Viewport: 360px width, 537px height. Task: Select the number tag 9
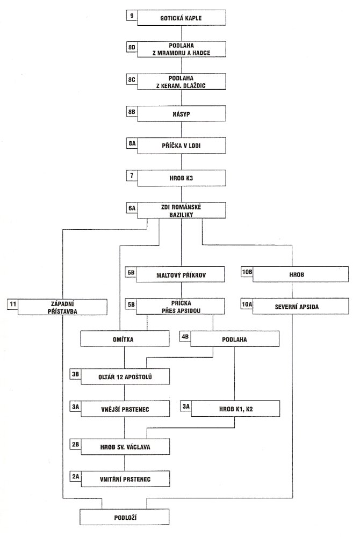click(x=132, y=16)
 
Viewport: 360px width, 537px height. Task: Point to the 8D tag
click(x=132, y=48)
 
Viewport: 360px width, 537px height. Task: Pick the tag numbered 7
click(x=132, y=176)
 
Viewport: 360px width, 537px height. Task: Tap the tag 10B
click(x=247, y=272)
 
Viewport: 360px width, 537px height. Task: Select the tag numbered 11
click(x=13, y=304)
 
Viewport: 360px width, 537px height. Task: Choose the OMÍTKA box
click(x=125, y=339)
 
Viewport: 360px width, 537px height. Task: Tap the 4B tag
click(x=185, y=337)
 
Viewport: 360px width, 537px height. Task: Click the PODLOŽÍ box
click(x=125, y=517)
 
